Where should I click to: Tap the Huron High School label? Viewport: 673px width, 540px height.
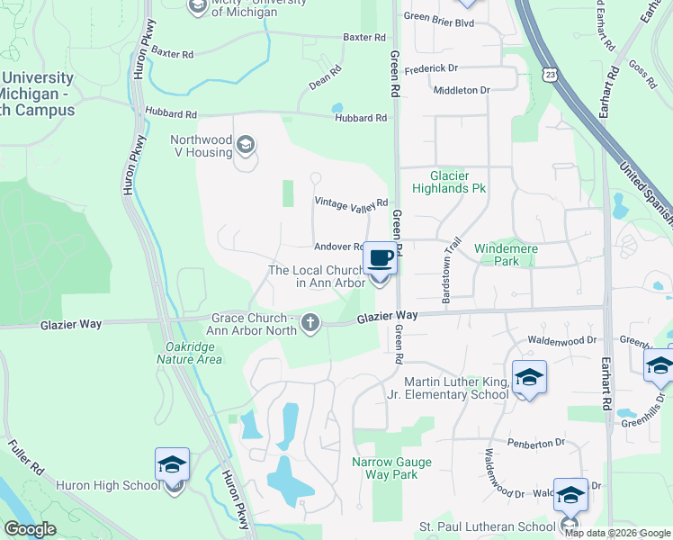coord(107,486)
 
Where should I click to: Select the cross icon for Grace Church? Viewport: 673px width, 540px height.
coord(310,322)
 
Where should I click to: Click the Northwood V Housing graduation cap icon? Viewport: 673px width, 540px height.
coord(244,145)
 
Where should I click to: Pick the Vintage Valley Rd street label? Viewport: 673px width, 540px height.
coord(351,202)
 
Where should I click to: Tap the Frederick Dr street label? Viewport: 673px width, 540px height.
coord(431,68)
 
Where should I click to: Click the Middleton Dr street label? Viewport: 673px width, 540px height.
coord(461,91)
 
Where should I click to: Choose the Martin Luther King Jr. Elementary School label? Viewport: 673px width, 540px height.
coord(456,388)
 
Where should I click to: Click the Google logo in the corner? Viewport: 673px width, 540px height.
coord(30,530)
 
